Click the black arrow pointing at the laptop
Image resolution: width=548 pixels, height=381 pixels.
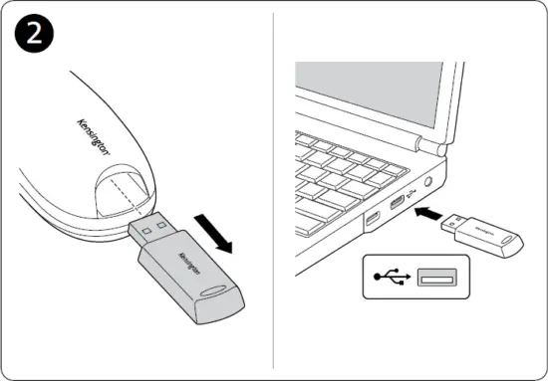click(429, 212)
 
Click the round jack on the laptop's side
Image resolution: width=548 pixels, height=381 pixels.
click(430, 183)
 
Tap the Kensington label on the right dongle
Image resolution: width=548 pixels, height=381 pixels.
click(485, 228)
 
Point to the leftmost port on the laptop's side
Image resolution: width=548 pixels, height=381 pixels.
click(372, 219)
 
